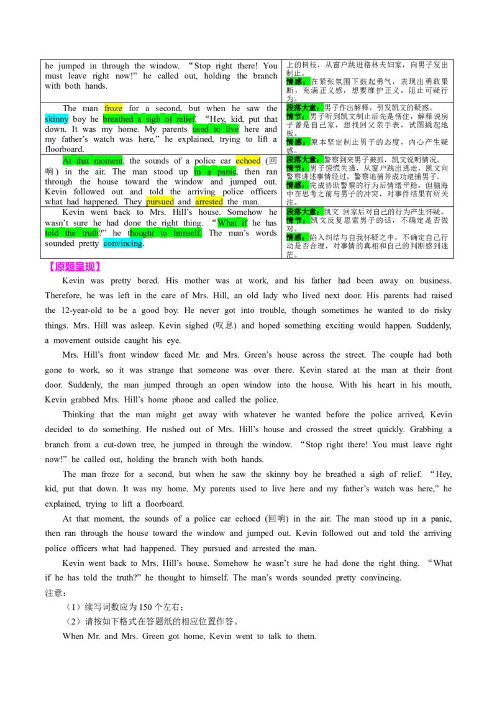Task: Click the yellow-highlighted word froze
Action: coord(113,109)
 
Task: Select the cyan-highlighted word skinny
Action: coord(57,119)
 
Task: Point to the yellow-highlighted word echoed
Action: coord(248,161)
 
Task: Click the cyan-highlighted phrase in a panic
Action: coord(216,172)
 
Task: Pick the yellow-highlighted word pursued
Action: coord(160,202)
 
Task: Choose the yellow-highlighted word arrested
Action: coord(209,202)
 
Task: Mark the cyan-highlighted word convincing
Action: coord(123,243)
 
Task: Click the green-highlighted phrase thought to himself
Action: coord(165,233)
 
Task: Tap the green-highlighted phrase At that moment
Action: coord(93,161)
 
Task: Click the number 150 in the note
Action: coord(145,607)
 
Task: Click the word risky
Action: coord(440,311)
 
